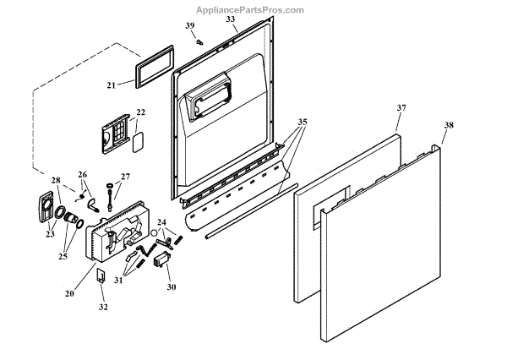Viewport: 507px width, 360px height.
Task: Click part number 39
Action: [190, 26]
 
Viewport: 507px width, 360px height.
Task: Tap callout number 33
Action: [231, 19]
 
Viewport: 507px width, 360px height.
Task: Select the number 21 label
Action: [112, 85]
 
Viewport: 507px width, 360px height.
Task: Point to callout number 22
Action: [140, 112]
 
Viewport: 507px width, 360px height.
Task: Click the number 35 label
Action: [303, 122]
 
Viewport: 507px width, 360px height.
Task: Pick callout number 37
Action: [401, 108]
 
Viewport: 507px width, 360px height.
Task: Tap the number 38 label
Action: [448, 125]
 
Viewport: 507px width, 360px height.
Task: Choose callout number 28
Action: [56, 180]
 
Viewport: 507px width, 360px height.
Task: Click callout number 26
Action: [83, 175]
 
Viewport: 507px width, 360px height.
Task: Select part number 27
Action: [126, 177]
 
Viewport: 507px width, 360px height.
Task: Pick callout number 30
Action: [172, 286]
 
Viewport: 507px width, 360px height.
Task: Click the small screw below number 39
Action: [199, 41]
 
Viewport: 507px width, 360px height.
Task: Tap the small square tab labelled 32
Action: [100, 275]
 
